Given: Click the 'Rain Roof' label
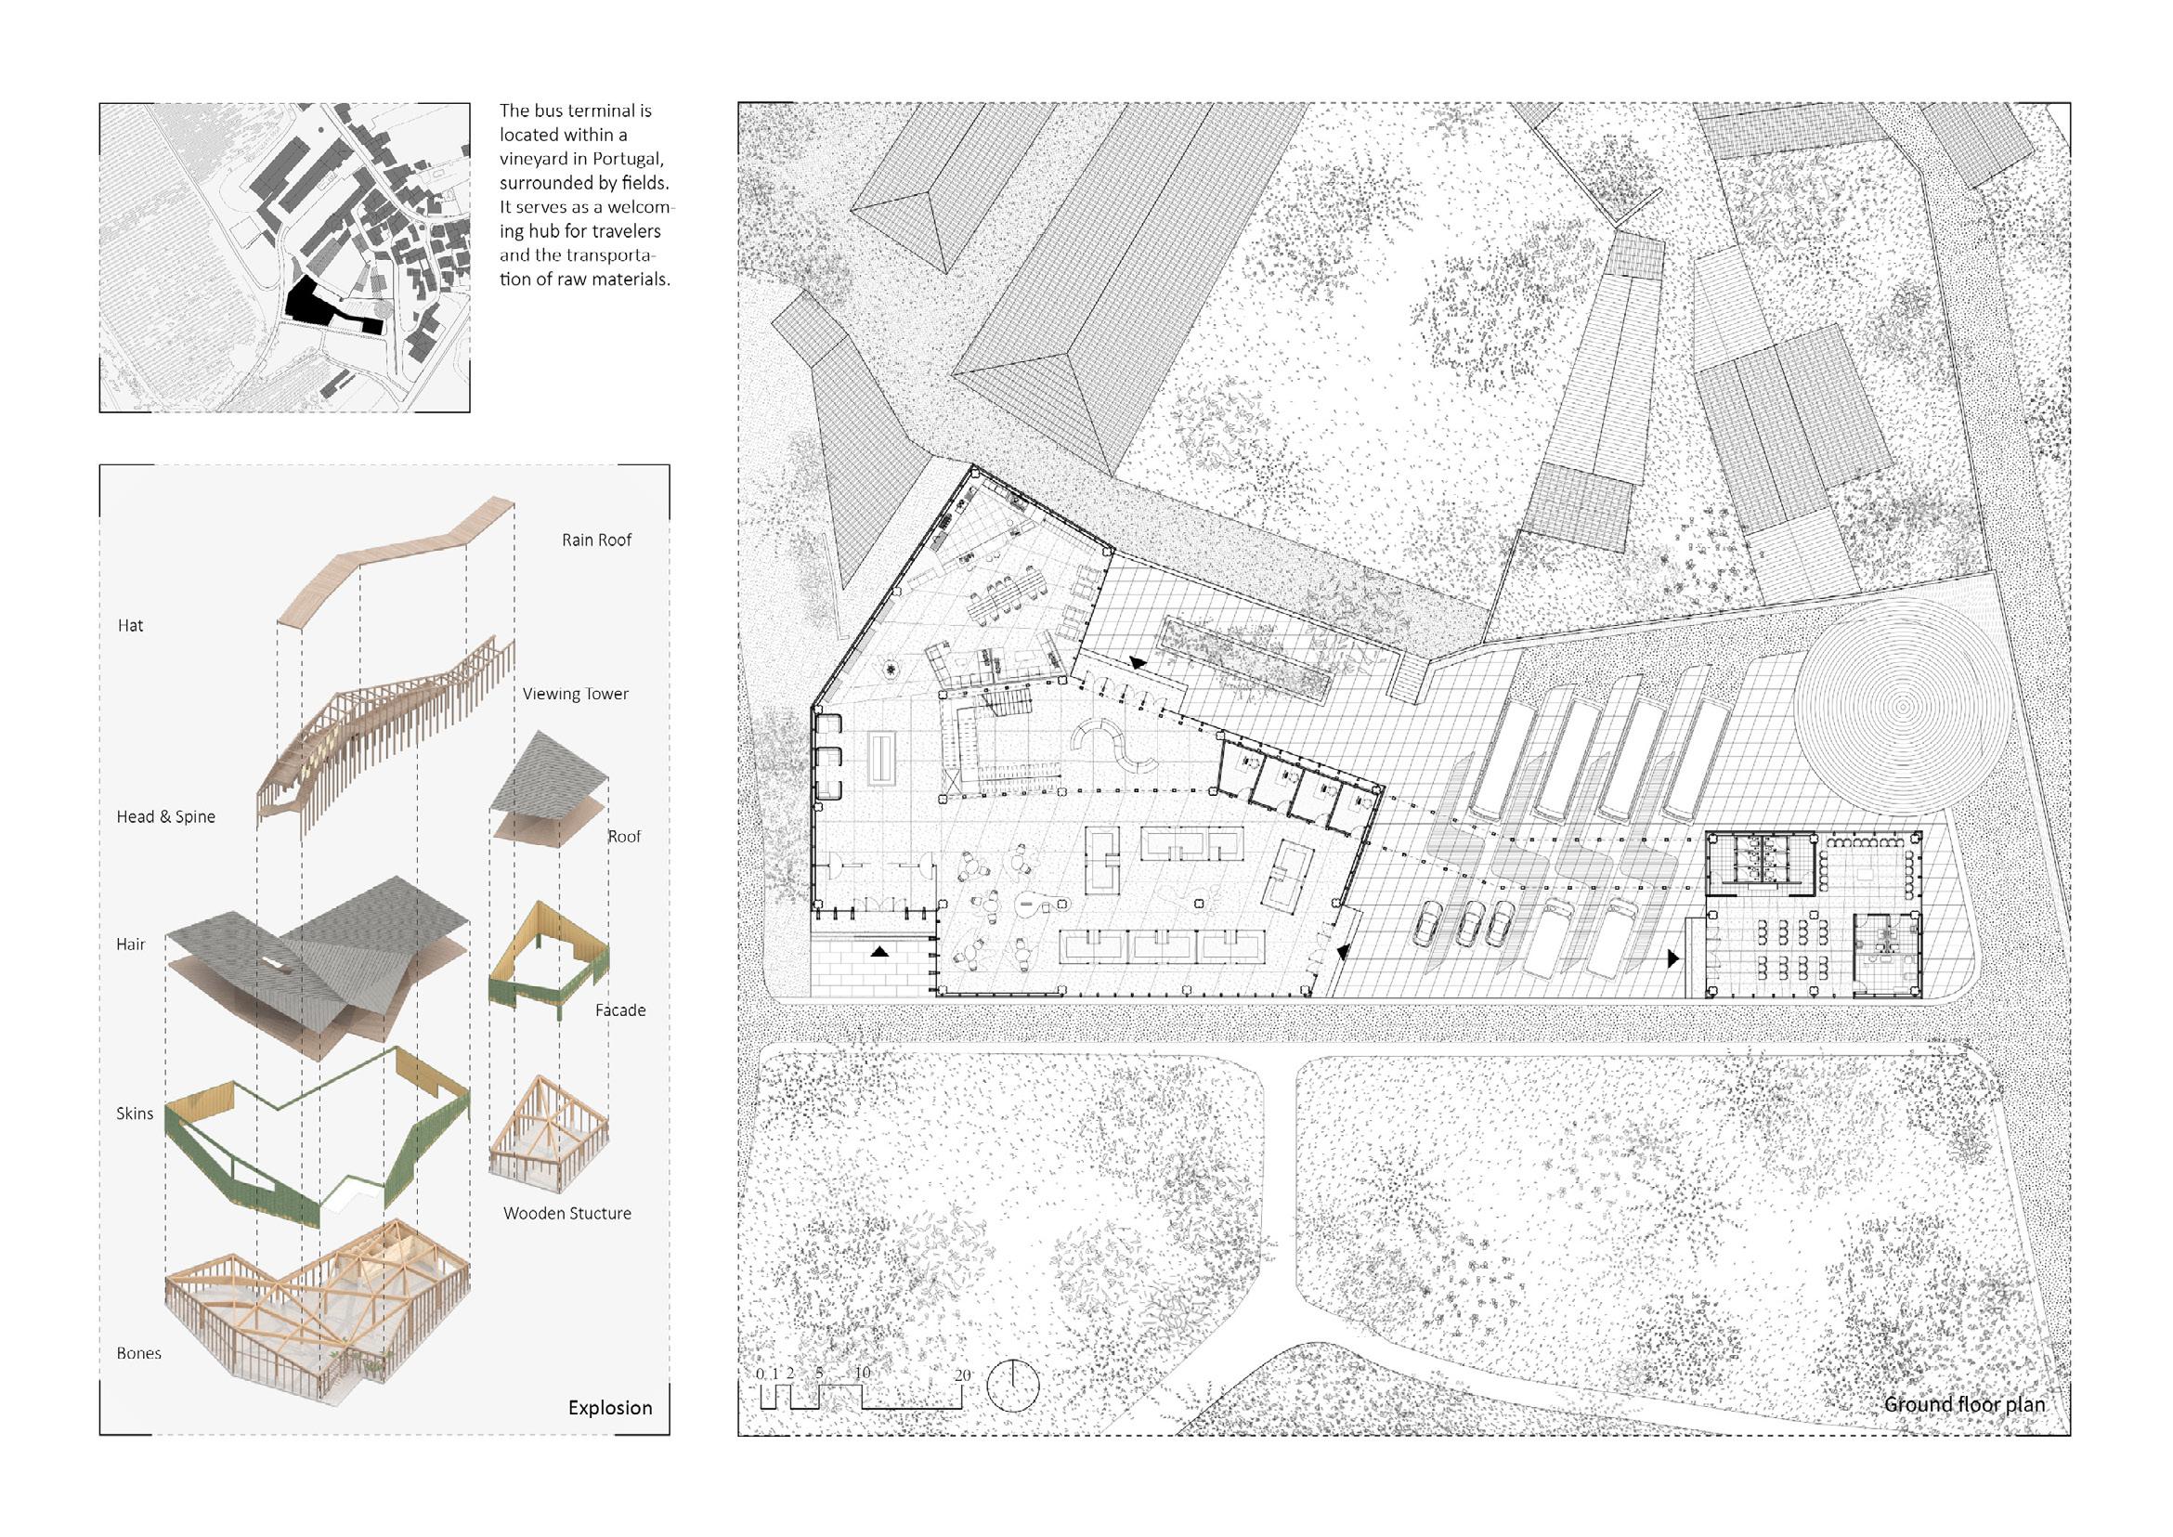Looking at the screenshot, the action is pos(596,541).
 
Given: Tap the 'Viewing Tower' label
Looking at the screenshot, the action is pos(576,694).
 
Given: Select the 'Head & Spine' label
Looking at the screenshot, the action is pos(165,816).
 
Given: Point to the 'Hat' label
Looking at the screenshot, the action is pos(131,626).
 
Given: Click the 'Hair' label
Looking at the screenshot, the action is pos(131,944).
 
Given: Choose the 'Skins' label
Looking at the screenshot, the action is pos(135,1113).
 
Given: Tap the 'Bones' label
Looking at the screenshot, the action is pos(139,1353).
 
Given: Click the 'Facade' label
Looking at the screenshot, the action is pos(620,1009).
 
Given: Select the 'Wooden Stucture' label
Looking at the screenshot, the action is pos(566,1213).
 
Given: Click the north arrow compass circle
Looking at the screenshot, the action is pos(1013,1387).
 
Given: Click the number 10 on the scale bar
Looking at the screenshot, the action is pos(861,1374).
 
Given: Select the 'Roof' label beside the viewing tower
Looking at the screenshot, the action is pos(624,837).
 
